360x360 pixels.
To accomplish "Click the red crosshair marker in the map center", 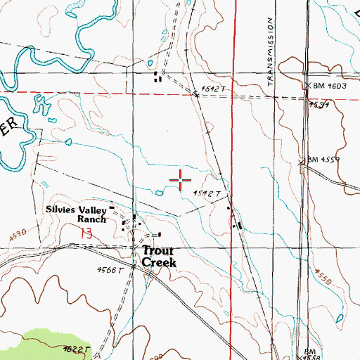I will click(x=181, y=181).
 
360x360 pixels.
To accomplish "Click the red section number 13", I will click(x=86, y=232).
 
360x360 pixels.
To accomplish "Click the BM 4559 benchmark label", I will click(x=324, y=160).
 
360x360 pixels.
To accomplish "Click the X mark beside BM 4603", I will click(x=307, y=86).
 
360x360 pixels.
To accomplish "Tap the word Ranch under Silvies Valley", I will click(x=91, y=219).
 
